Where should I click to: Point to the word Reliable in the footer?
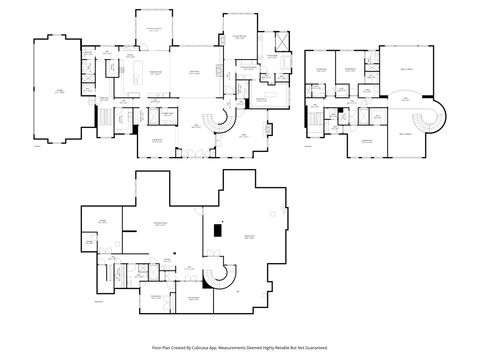(286, 347)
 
